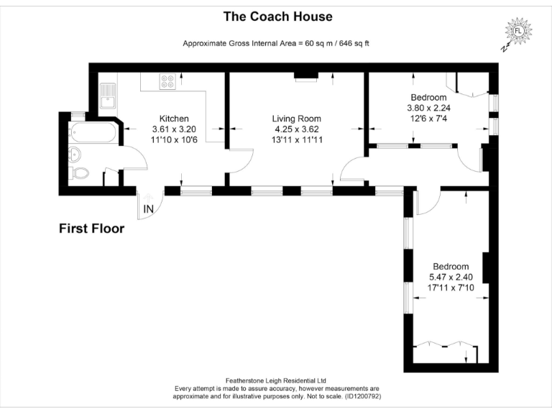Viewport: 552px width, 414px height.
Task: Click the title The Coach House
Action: coord(277,17)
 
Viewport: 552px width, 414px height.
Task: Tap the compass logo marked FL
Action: coord(517,32)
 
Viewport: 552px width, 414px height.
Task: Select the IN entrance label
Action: coord(149,209)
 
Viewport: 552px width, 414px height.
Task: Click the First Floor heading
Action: coord(91,229)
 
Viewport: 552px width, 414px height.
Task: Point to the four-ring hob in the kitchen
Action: coord(167,81)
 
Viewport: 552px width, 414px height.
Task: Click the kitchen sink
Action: coord(108,96)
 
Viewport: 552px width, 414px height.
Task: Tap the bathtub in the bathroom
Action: coord(92,133)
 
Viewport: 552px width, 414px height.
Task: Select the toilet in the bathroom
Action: coord(79,172)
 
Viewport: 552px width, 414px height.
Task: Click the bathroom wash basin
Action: coord(74,155)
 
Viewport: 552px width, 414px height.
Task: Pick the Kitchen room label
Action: coord(174,119)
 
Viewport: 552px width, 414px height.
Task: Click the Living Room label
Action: coord(296,119)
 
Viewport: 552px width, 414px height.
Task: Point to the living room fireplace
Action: coord(306,77)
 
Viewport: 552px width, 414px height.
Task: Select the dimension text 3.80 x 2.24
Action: coord(429,108)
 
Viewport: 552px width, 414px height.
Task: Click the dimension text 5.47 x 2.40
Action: coord(451,277)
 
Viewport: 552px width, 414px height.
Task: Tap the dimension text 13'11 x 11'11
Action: coord(297,139)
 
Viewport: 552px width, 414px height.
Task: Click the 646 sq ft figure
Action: coord(354,44)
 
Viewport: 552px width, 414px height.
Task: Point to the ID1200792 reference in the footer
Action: coord(363,397)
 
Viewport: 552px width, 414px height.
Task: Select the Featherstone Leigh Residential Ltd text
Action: coord(276,380)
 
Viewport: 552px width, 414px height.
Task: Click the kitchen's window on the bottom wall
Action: coord(196,191)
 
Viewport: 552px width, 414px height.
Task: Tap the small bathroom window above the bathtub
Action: coord(78,116)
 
